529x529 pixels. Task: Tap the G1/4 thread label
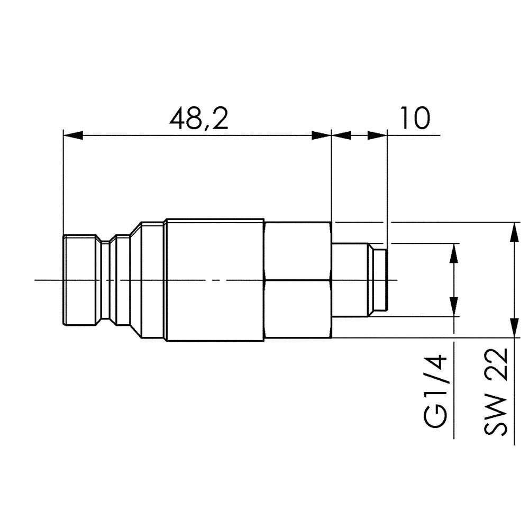[437, 394]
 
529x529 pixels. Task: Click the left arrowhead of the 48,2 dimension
[73, 135]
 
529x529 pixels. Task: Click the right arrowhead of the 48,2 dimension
[321, 135]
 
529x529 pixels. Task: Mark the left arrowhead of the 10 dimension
[342, 135]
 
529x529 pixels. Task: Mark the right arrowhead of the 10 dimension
[377, 135]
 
